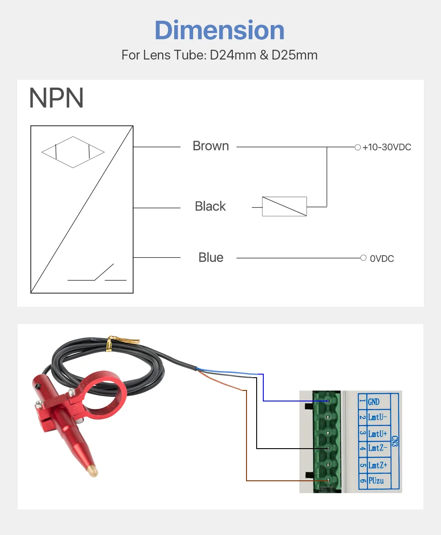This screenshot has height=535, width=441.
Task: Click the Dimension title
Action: pyautogui.click(x=220, y=30)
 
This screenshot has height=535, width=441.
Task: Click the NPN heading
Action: pyautogui.click(x=56, y=98)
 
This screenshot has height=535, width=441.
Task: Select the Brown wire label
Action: pyautogui.click(x=211, y=146)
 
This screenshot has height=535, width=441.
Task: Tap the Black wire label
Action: pyautogui.click(x=210, y=206)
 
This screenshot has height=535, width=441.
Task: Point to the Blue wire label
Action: pyautogui.click(x=211, y=257)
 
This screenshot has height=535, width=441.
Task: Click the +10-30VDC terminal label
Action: pyautogui.click(x=387, y=147)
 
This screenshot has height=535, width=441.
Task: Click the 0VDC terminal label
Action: pyautogui.click(x=382, y=259)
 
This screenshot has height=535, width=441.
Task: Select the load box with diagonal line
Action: pyautogui.click(x=284, y=207)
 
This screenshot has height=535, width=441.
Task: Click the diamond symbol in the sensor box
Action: pyautogui.click(x=73, y=152)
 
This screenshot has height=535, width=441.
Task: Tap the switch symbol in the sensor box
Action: pyautogui.click(x=97, y=272)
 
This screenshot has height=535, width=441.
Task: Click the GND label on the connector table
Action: pyautogui.click(x=374, y=402)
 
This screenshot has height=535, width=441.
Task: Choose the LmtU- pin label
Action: pyautogui.click(x=377, y=417)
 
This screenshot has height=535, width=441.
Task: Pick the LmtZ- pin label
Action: pyautogui.click(x=377, y=448)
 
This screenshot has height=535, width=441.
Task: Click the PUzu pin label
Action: pyautogui.click(x=376, y=480)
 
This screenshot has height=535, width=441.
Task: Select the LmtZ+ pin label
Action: pyautogui.click(x=377, y=465)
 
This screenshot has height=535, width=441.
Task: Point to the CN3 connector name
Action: pyautogui.click(x=395, y=441)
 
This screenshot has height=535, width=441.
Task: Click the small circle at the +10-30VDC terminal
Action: pyautogui.click(x=358, y=147)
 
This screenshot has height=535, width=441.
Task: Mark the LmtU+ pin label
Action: pyautogui.click(x=377, y=434)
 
